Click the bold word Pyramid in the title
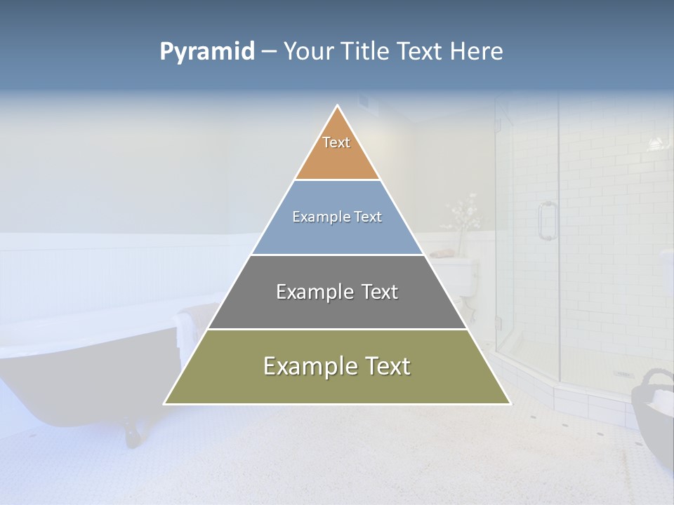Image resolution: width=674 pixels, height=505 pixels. [x=207, y=52]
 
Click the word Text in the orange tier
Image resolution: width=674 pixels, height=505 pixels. [x=336, y=142]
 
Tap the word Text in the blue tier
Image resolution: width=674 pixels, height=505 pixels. [x=368, y=217]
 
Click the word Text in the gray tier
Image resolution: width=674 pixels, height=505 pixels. [x=380, y=292]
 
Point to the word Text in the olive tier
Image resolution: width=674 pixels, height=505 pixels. [x=387, y=366]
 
